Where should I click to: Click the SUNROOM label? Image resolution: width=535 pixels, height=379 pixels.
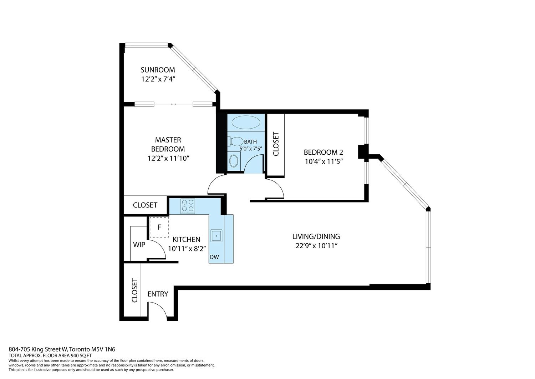click(158, 70)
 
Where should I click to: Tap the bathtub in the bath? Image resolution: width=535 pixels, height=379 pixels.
click(246, 123)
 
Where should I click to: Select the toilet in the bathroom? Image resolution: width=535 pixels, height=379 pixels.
click(235, 141)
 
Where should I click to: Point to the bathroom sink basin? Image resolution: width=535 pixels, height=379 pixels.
click(234, 161)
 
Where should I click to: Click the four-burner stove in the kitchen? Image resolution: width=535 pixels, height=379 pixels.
click(188, 206)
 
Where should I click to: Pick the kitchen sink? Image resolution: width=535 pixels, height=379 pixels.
click(216, 236)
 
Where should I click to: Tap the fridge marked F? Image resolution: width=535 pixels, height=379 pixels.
click(159, 227)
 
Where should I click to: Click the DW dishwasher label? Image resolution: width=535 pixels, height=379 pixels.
click(214, 257)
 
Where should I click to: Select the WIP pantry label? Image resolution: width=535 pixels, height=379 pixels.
click(139, 245)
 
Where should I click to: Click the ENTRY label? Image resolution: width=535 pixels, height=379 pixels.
click(158, 294)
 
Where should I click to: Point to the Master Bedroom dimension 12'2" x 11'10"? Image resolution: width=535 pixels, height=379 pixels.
click(168, 158)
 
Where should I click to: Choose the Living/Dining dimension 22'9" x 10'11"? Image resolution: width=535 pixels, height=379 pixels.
click(316, 246)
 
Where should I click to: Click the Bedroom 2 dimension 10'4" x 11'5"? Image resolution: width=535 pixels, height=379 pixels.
click(324, 161)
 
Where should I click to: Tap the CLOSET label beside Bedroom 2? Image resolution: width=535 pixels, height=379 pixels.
click(276, 144)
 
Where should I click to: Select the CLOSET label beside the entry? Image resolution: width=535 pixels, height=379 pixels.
click(135, 290)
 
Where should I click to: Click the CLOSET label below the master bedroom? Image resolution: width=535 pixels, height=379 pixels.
click(145, 205)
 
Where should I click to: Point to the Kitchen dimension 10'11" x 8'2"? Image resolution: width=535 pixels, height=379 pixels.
click(187, 249)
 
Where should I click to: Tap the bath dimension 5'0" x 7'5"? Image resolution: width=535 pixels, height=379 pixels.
click(251, 149)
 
